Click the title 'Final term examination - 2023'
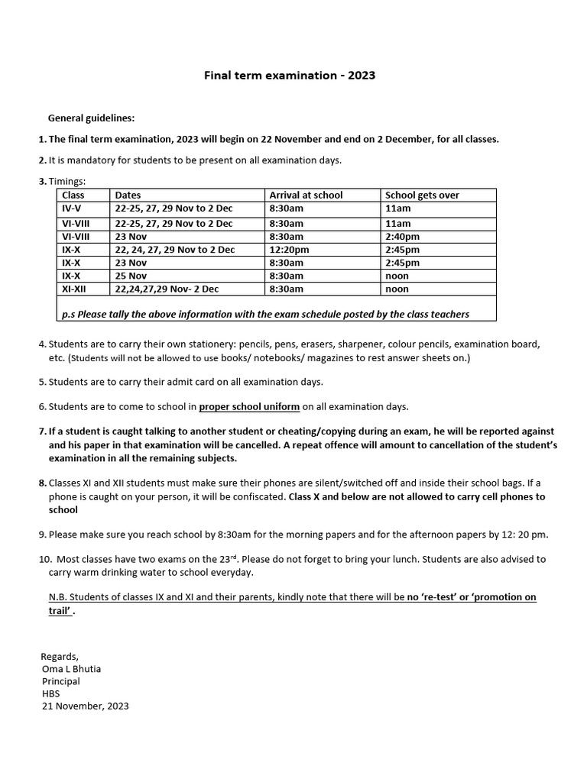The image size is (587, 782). point(289,76)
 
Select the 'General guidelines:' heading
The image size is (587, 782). point(91,118)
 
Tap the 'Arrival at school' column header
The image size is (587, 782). point(306,195)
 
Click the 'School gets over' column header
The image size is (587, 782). point(422,195)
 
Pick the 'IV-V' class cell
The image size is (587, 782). point(71,208)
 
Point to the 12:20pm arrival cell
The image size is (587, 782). point(289,250)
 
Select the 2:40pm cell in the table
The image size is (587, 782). point(402,237)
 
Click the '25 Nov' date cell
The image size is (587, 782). point(131,276)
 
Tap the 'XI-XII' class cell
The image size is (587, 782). point(75,289)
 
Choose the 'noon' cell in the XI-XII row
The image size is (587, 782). point(397,289)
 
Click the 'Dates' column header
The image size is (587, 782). point(128,195)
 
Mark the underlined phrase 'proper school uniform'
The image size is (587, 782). point(249,406)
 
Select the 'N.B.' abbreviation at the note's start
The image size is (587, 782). point(59,597)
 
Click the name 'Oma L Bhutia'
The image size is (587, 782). point(71,669)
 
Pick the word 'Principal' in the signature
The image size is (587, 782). point(61,681)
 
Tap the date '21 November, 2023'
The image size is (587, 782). point(85,706)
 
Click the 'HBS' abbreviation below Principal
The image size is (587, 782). point(51,693)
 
